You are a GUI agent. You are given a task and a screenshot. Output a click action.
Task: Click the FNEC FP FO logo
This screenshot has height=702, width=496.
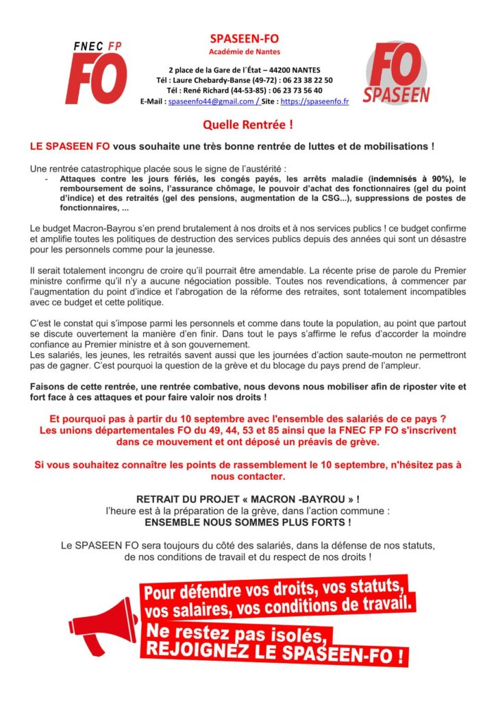97,71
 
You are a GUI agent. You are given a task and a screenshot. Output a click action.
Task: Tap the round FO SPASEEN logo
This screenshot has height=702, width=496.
396,73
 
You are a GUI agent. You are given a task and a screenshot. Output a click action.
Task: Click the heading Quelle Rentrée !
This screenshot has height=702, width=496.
248,125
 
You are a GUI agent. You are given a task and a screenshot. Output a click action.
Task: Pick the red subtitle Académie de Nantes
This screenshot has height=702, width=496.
244,51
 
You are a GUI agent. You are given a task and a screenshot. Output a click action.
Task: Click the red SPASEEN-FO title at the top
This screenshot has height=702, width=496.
244,38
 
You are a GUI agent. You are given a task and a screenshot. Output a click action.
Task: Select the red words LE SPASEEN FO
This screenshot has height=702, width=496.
69,147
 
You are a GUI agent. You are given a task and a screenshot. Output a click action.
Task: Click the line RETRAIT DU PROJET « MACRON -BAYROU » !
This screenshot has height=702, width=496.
248,500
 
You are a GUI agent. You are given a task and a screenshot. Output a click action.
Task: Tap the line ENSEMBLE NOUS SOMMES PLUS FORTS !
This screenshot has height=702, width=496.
248,522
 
